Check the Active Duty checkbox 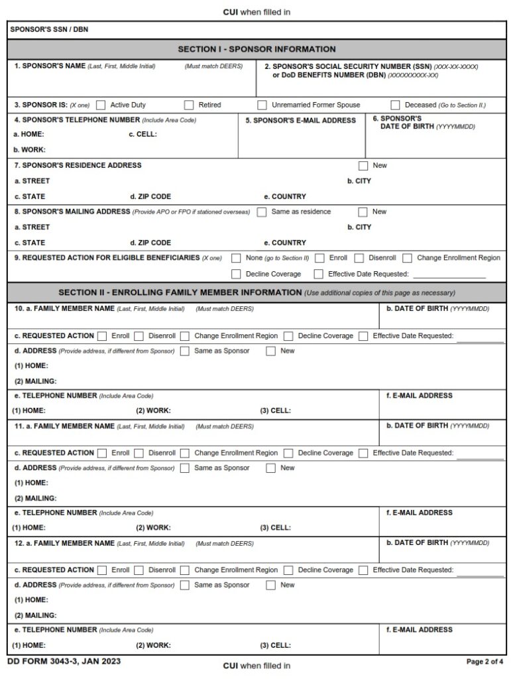click(x=101, y=105)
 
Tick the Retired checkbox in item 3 click(x=189, y=105)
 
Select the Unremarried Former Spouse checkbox click(x=262, y=105)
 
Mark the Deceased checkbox click(x=396, y=105)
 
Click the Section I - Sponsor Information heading click(x=256, y=49)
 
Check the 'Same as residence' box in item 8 click(x=262, y=212)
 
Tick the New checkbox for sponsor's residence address click(x=363, y=166)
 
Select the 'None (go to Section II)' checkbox click(x=236, y=258)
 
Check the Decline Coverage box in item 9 click(x=236, y=274)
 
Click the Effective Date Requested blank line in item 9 click(x=449, y=274)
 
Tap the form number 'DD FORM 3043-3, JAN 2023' click(x=64, y=661)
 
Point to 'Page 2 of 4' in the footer click(x=485, y=662)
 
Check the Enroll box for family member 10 click(x=102, y=336)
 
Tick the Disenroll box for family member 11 click(x=139, y=454)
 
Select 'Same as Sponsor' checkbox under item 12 click(x=185, y=586)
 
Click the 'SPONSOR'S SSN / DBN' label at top click(x=49, y=30)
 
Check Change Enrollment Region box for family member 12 click(x=185, y=570)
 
